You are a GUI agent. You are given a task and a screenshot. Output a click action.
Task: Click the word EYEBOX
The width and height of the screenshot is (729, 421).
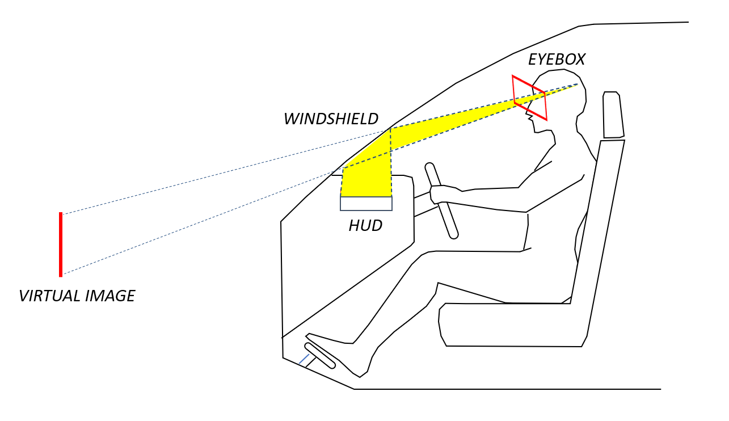tap(556, 60)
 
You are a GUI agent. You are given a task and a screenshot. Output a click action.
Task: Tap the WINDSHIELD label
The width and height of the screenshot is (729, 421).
tap(331, 119)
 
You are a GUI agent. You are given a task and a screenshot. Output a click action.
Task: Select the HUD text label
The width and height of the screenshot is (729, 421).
tap(365, 226)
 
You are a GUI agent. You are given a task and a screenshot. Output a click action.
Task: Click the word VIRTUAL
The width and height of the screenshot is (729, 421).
tap(49, 296)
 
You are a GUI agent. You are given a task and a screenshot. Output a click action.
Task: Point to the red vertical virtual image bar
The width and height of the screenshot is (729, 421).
tap(61, 245)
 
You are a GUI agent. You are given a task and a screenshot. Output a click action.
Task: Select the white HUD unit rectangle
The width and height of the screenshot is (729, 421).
tap(366, 204)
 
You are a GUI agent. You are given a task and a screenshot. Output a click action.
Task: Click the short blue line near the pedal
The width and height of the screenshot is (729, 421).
tap(304, 359)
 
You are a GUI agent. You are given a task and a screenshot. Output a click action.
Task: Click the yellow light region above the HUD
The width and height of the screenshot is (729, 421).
tap(369, 176)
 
